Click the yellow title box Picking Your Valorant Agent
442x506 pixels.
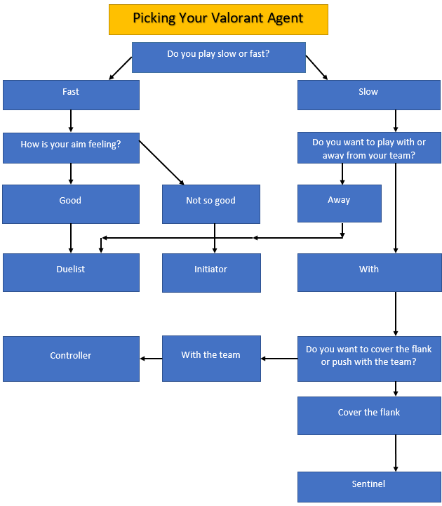point(218,19)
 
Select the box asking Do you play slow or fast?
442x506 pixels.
point(218,57)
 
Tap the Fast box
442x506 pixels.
point(71,95)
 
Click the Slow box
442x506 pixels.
point(368,95)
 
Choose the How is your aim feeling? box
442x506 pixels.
point(71,147)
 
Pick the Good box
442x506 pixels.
point(71,204)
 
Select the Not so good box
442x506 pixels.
point(211,204)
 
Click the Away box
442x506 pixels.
point(339,203)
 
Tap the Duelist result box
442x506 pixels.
point(71,272)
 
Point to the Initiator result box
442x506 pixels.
point(211,272)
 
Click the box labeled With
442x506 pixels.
point(368,272)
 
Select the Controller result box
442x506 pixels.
point(71,359)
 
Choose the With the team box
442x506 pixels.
point(211,358)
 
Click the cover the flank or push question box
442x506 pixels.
point(368,358)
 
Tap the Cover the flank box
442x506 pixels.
point(368,415)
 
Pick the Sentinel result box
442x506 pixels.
point(368,486)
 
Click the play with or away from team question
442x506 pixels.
point(368,147)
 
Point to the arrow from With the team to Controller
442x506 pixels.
point(151,359)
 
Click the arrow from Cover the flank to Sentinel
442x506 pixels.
point(396,453)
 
